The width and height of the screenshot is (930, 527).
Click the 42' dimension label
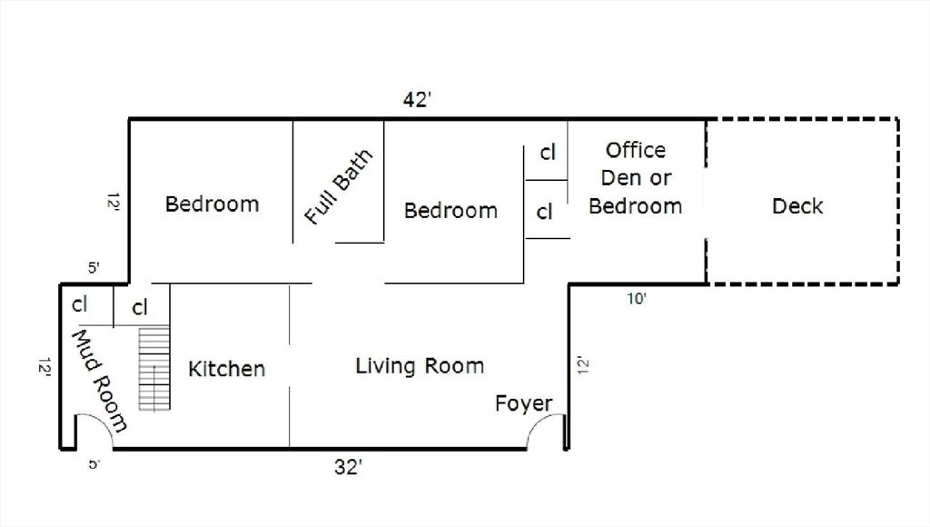[x=416, y=101]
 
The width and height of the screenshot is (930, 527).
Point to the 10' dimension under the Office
[x=638, y=298]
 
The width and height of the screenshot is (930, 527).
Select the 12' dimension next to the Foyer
[x=583, y=365]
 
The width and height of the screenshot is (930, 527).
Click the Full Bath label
[x=338, y=188]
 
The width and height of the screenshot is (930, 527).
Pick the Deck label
[x=797, y=206]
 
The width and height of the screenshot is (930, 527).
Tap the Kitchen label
[x=227, y=369]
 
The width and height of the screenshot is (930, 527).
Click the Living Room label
[x=420, y=366]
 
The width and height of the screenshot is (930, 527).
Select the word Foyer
[x=523, y=403]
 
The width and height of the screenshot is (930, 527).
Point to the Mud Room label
[x=100, y=380]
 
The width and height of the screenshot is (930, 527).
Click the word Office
[x=636, y=150]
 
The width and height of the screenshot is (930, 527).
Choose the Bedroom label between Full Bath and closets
[x=450, y=211]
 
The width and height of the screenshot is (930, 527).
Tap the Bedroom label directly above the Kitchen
[x=212, y=204]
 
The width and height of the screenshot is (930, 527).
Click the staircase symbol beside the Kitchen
[x=154, y=368]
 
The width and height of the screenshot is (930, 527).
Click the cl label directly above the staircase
[x=140, y=308]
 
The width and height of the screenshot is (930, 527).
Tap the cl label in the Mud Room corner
[x=79, y=303]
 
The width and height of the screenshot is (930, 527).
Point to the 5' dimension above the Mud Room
[x=94, y=268]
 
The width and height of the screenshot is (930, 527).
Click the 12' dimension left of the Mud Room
[x=44, y=367]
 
